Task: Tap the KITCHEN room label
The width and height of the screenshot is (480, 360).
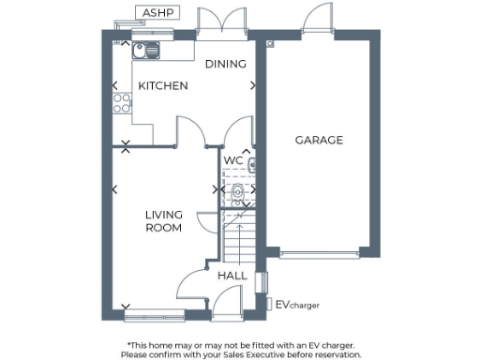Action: [x=163, y=86]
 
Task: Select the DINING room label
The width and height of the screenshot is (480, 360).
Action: [x=226, y=65]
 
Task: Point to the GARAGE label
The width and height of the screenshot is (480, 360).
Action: [x=319, y=141]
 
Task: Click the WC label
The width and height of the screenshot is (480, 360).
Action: [x=233, y=160]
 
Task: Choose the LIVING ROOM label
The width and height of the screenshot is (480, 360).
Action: [x=163, y=220]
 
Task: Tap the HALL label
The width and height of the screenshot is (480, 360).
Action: [x=232, y=276]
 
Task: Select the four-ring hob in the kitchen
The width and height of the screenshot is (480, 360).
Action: [x=121, y=104]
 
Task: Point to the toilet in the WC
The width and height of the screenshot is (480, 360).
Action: [x=238, y=194]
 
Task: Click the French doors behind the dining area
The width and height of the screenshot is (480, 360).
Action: [x=220, y=23]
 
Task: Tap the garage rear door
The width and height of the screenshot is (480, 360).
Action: [x=314, y=22]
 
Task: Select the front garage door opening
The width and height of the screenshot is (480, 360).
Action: [x=319, y=253]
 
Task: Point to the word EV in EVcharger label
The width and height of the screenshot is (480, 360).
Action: [x=280, y=305]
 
